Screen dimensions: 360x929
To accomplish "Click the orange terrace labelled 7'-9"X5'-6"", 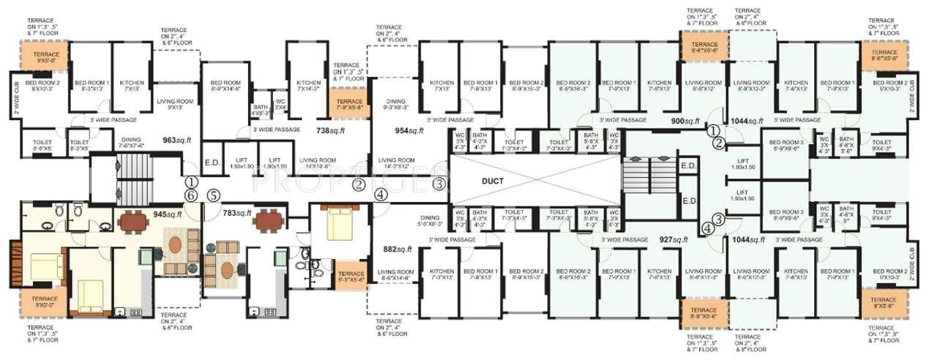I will [x=349, y=105].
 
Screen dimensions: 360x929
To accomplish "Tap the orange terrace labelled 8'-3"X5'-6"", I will [x=351, y=275].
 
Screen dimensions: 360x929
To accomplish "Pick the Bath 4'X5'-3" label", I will [x=261, y=110].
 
